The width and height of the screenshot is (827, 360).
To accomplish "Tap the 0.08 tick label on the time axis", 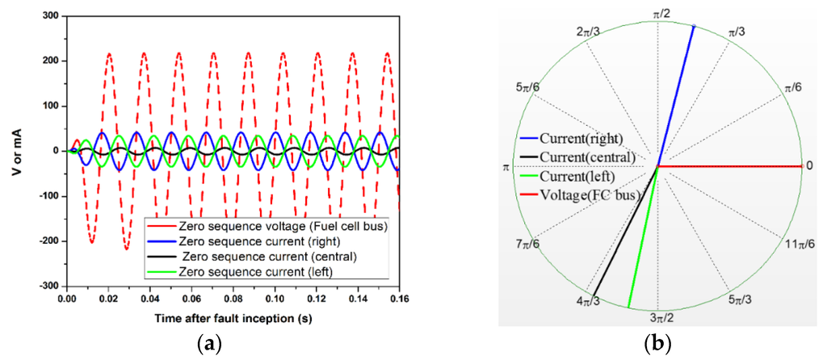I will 233,298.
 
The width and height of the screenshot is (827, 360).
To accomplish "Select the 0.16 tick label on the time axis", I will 399,298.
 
